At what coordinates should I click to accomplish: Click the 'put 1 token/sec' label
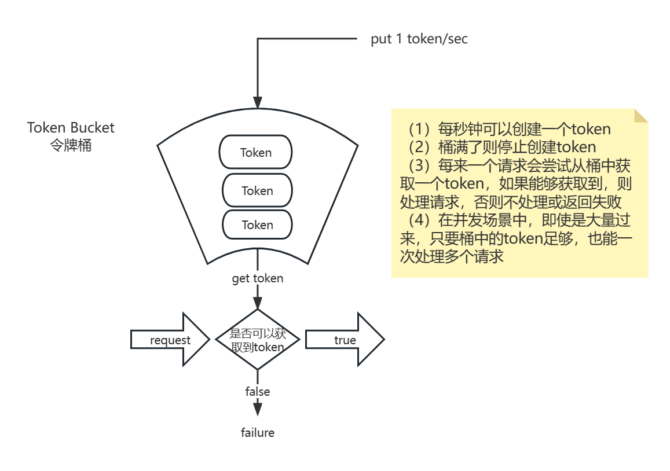[x=419, y=39]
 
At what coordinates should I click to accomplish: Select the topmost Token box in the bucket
[x=255, y=152]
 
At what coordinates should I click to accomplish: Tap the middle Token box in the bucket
[x=257, y=190]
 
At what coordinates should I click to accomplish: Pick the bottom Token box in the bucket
[x=257, y=225]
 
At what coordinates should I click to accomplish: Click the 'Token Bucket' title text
[x=71, y=128]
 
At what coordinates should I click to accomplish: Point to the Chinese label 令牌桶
[x=71, y=145]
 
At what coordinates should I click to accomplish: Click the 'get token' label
[x=258, y=278]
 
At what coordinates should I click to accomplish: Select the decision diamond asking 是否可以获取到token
[x=258, y=340]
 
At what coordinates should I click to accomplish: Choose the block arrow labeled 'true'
[x=345, y=340]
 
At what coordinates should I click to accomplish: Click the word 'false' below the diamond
[x=258, y=392]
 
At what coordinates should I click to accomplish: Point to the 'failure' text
[x=258, y=432]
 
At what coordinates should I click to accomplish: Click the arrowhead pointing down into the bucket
[x=258, y=102]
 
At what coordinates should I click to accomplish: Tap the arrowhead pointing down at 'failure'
[x=258, y=409]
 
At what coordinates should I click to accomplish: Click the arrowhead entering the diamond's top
[x=258, y=302]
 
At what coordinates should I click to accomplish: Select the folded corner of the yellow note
[x=641, y=115]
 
